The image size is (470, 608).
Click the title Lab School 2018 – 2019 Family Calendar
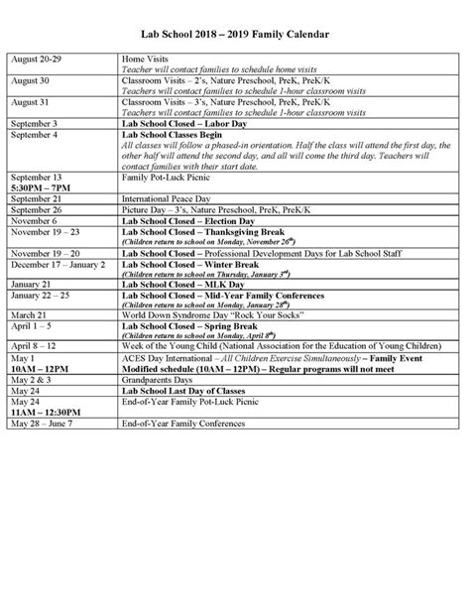tap(234, 35)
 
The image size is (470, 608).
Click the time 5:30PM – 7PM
tap(41, 186)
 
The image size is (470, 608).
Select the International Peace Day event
tap(162, 198)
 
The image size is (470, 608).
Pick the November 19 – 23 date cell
tap(43, 231)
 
